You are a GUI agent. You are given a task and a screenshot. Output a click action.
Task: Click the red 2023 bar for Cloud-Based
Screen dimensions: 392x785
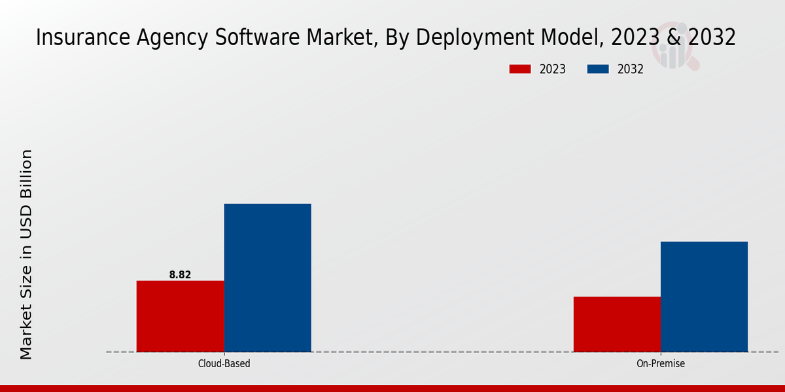pos(180,316)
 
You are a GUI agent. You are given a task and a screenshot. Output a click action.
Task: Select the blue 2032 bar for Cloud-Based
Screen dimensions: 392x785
pos(268,278)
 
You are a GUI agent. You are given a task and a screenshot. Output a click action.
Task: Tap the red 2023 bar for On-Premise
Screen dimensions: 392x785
pos(617,324)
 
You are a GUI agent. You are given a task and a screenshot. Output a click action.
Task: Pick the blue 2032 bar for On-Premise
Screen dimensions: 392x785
pos(704,297)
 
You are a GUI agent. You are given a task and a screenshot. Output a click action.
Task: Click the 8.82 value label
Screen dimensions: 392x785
pos(180,275)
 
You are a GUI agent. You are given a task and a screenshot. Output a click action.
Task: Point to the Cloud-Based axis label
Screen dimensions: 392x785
pos(224,364)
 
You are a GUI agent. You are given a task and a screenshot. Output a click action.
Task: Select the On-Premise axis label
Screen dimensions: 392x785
pos(661,364)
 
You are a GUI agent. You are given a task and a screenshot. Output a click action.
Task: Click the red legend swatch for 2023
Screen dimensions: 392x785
pos(520,69)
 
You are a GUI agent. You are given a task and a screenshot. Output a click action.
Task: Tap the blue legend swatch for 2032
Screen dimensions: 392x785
pos(599,69)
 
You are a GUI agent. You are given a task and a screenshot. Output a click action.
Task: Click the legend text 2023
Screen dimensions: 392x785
pos(553,69)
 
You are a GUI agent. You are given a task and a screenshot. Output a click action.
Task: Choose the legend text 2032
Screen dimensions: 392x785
pos(631,69)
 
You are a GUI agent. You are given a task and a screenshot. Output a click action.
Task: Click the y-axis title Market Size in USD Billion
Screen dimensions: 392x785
pos(26,254)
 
